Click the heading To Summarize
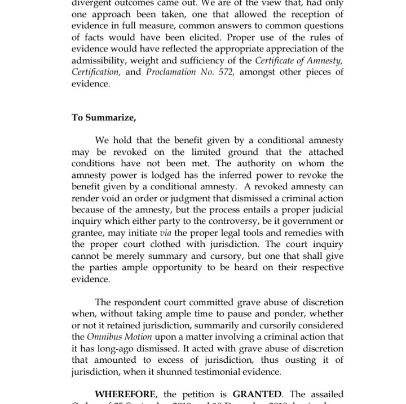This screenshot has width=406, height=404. (x=104, y=118)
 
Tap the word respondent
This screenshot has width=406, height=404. (x=140, y=302)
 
